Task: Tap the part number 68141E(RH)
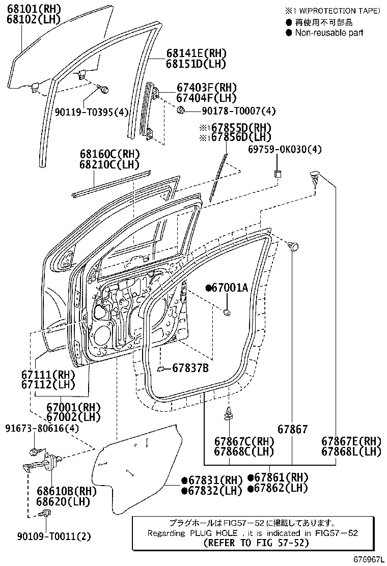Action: point(196,53)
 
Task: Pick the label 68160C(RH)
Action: point(109,153)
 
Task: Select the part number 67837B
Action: point(189,367)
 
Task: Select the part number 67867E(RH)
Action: point(351,441)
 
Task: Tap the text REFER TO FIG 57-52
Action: point(256,543)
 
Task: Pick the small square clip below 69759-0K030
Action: point(279,174)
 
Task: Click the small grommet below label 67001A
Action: point(228,312)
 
